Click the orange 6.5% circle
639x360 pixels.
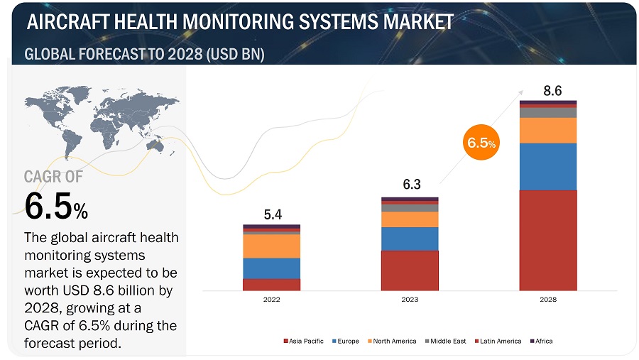tap(481, 143)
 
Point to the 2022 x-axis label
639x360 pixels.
tap(271, 300)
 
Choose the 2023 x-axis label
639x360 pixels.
tap(410, 300)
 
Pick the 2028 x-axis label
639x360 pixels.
tap(547, 300)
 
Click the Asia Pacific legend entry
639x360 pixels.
tap(306, 342)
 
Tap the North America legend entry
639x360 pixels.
tap(395, 342)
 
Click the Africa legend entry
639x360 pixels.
tap(542, 342)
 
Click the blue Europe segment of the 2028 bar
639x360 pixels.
tap(547, 166)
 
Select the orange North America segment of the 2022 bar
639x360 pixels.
tap(271, 246)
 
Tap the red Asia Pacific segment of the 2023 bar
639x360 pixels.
tap(410, 271)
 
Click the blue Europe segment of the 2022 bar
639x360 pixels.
tap(271, 268)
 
